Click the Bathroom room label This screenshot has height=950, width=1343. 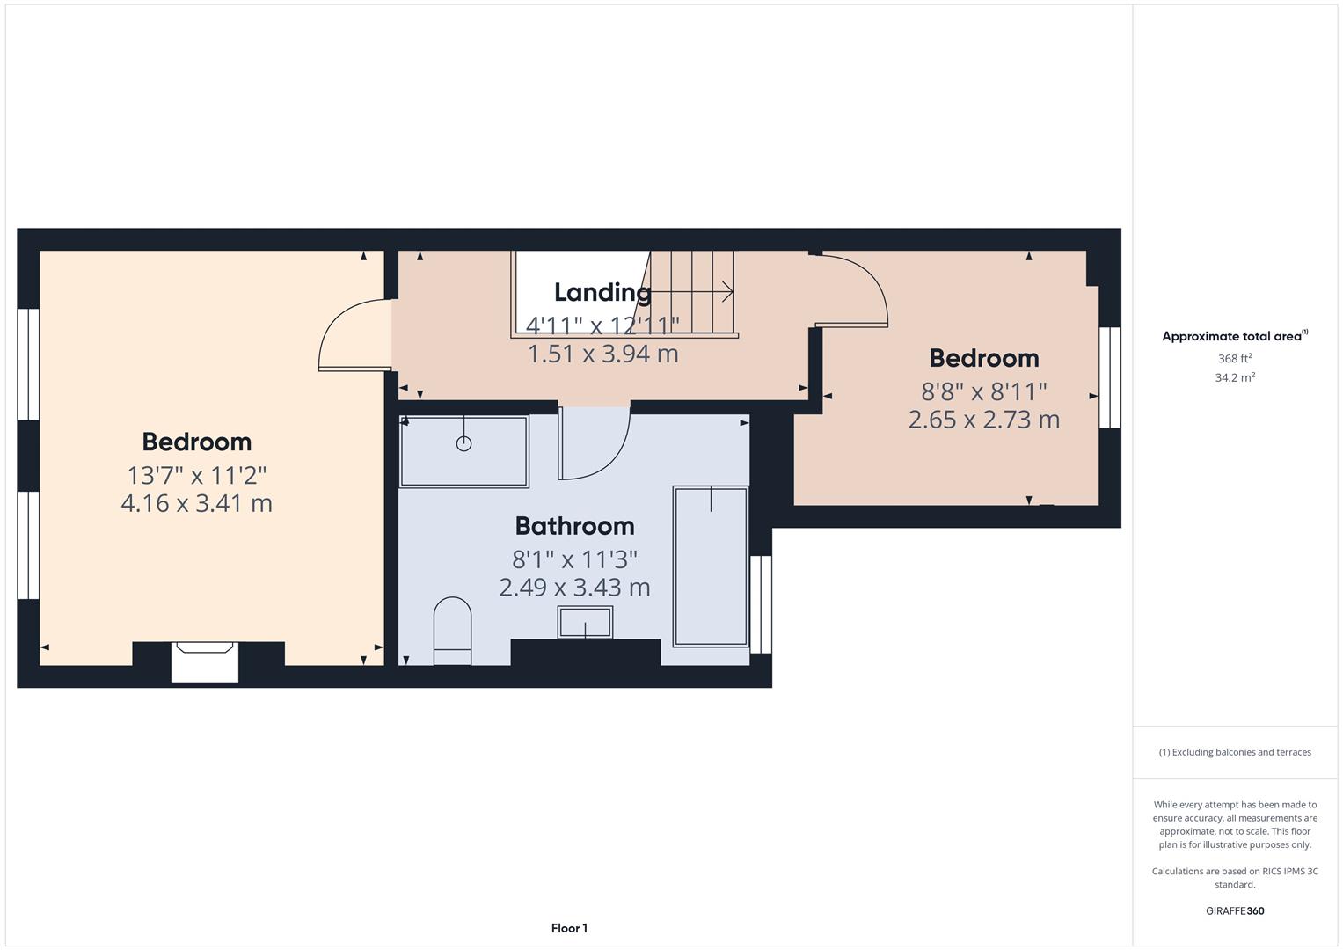tap(574, 526)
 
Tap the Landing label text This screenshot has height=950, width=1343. tap(602, 292)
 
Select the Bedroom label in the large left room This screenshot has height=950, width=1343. tap(196, 442)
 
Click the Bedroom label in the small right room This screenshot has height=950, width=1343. tap(983, 358)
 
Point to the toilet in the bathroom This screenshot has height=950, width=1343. tap(452, 630)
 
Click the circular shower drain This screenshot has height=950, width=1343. tap(463, 444)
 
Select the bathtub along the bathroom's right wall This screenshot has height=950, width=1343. tap(710, 567)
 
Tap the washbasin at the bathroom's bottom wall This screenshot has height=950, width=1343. tap(585, 623)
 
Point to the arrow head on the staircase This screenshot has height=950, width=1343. tap(727, 291)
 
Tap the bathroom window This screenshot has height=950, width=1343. tap(761, 604)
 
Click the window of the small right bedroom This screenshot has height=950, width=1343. tap(1110, 377)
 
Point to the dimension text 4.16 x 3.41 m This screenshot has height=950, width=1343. tap(196, 504)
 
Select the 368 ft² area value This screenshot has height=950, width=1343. tap(1234, 359)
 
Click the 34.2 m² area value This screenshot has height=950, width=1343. tap(1234, 378)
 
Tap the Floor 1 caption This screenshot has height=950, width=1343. tap(569, 928)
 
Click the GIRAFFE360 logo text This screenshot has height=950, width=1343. tap(1234, 910)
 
